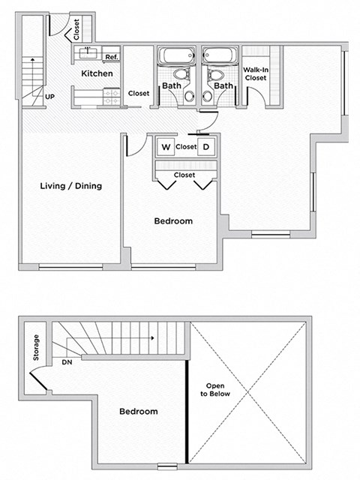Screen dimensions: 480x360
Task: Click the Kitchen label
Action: point(97,73)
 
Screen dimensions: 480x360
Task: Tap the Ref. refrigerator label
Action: point(111,57)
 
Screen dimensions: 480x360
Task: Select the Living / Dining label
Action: point(71,186)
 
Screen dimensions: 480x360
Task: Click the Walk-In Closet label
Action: point(256,73)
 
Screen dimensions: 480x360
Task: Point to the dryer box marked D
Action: point(206,147)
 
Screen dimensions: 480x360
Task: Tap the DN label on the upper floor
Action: point(67,361)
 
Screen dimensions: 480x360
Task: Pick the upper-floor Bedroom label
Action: point(139,412)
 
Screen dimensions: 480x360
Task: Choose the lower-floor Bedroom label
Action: point(173,221)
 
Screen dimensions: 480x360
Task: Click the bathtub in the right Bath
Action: point(220,56)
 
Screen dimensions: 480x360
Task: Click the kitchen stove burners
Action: point(112,95)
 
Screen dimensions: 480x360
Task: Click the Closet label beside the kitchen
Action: point(139,94)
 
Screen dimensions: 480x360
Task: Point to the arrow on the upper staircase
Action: point(152,338)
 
